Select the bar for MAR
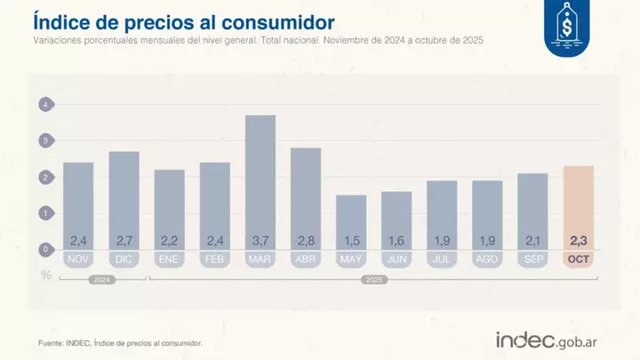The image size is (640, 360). (x=260, y=182)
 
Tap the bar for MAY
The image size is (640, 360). (x=351, y=222)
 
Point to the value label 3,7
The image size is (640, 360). (x=260, y=240)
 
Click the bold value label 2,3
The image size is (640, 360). (x=579, y=240)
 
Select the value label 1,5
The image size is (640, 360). (x=351, y=240)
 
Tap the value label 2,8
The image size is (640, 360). (x=306, y=240)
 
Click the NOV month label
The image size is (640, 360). (x=78, y=259)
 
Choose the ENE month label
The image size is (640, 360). (x=169, y=259)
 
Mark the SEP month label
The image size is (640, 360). (x=532, y=259)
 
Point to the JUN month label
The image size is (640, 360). (x=396, y=259)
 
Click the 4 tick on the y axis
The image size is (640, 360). (x=44, y=106)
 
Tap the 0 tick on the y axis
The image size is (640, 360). (x=44, y=250)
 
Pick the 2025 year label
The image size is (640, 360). (x=373, y=279)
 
